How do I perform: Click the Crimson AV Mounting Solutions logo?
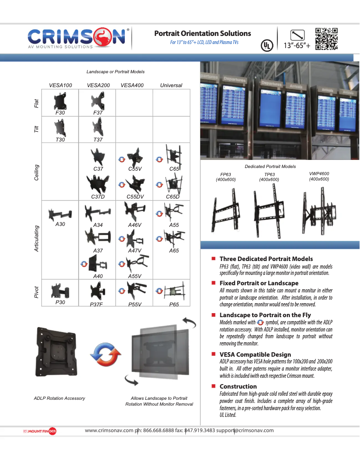coord(79,38)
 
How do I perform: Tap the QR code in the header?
coord(326,39)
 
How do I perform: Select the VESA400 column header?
coord(132,85)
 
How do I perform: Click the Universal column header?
coord(171,85)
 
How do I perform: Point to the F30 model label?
coord(60,113)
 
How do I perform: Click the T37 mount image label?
coord(98,140)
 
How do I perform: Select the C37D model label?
coord(98,197)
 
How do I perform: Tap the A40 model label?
coord(98,276)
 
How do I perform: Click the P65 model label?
coord(174,304)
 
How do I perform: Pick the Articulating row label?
coord(37,238)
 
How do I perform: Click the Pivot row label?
coord(37,292)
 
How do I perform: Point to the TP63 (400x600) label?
coord(269,177)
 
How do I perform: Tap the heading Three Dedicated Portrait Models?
coord(266,259)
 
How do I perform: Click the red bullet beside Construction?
coord(214,386)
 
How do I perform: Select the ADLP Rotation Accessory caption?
coord(59,398)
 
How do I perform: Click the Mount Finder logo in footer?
coord(40,432)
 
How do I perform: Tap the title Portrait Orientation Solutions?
coord(202,34)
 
